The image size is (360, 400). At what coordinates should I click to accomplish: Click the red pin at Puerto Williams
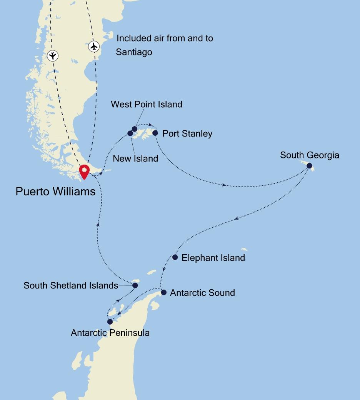84,170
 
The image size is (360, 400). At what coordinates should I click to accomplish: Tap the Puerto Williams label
55,191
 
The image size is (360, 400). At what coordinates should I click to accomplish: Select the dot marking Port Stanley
155,133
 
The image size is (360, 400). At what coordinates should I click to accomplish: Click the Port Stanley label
187,134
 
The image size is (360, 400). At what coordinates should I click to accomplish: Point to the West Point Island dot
135,129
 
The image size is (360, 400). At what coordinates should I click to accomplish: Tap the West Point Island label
146,104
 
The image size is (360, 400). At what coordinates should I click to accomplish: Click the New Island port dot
130,133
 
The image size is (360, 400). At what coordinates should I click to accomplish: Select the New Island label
135,158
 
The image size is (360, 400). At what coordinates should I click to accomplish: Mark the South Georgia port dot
310,166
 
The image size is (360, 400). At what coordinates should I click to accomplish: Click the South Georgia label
309,155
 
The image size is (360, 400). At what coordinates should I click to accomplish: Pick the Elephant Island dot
175,257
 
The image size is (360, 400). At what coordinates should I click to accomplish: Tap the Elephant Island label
213,258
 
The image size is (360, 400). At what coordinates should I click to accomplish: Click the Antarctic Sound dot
163,292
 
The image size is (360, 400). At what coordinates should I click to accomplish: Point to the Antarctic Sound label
202,293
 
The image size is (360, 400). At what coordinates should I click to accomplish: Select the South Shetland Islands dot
135,285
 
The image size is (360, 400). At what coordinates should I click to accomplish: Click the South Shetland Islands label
71,285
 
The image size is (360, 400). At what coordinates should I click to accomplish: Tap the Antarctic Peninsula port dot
110,322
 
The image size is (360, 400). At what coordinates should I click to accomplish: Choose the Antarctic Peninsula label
110,333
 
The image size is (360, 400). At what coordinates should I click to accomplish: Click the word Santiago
134,52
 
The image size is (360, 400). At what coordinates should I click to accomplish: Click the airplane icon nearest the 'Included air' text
94,47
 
